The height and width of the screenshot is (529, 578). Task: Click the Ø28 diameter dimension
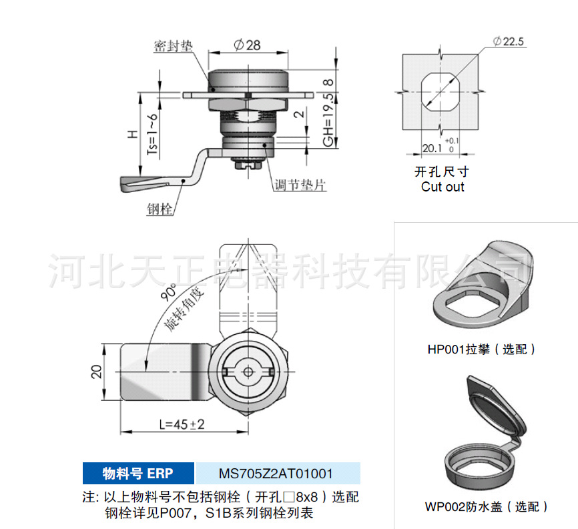(x=248, y=45)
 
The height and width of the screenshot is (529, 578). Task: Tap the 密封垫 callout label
(x=173, y=46)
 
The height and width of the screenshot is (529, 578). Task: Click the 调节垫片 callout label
(x=300, y=185)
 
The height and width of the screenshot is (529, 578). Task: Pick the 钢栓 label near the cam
(x=160, y=209)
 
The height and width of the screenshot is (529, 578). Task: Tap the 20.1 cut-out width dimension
(x=432, y=148)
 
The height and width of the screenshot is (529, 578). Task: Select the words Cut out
(x=443, y=187)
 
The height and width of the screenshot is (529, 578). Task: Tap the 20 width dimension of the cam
(x=95, y=372)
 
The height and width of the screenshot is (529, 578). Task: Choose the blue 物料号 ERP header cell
(x=138, y=474)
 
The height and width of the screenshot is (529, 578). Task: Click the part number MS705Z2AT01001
(x=276, y=474)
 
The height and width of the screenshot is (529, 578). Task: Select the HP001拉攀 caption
(x=481, y=349)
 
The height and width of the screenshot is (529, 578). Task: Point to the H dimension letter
(x=133, y=134)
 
